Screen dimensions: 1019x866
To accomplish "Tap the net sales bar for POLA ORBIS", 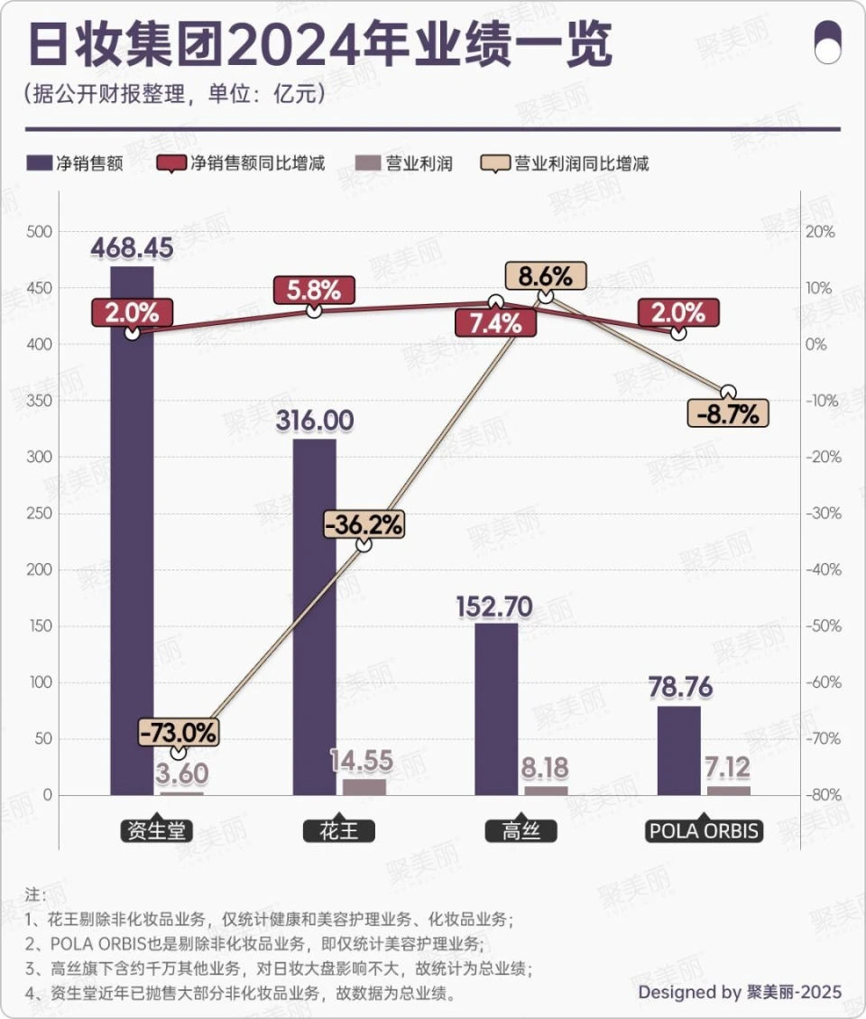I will click(678, 749).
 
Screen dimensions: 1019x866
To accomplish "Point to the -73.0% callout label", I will click(179, 731).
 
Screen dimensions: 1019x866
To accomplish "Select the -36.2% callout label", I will click(364, 523).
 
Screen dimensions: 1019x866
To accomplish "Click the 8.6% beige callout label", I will click(545, 275).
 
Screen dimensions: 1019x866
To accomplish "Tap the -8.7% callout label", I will click(728, 413).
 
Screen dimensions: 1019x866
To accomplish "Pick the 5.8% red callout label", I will click(314, 291).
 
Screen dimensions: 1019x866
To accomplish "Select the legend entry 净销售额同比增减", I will click(242, 163).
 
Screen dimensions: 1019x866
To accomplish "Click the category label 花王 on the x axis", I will click(338, 830).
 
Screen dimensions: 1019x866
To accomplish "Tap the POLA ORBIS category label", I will click(704, 830).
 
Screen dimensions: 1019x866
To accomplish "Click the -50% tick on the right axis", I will click(820, 626).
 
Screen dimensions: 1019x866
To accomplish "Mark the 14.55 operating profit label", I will click(361, 761).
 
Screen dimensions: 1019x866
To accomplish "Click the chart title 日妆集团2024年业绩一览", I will click(320, 43).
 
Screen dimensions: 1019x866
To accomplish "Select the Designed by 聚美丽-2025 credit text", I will click(740, 992).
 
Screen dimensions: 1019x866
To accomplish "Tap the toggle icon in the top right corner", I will click(827, 43).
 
